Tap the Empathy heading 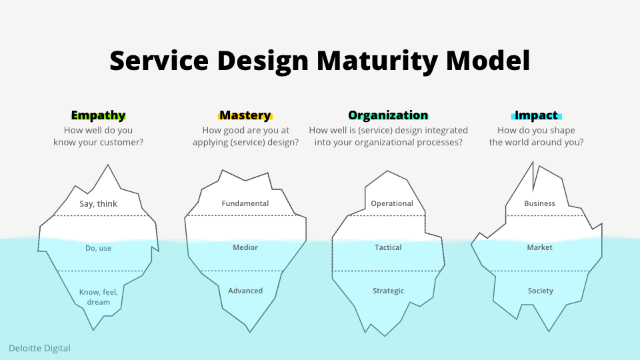coord(98,115)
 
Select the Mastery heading coord(245,115)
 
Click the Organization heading coord(388,115)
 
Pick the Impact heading coord(537,115)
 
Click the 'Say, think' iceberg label coord(98,204)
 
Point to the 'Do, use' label coord(98,248)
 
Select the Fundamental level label coord(245,203)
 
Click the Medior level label coord(245,247)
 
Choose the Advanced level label coord(245,291)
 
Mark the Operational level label coord(392,203)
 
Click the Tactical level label coord(388,247)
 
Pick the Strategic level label coord(388,291)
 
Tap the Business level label coord(539,203)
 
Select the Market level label coord(539,247)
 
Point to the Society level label coord(540,291)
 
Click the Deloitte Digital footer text coord(39,348)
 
